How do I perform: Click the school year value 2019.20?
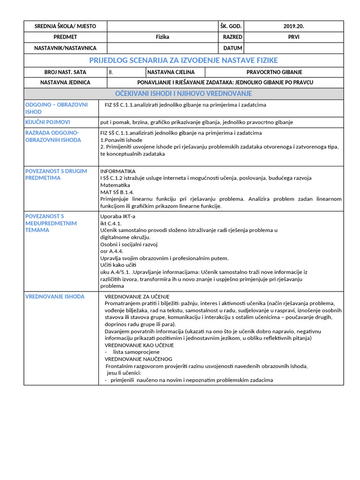tap(293, 26)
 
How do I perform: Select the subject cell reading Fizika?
tap(163, 37)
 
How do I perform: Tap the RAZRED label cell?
tap(232, 37)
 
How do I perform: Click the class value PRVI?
tap(293, 37)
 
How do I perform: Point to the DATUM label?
tap(232, 48)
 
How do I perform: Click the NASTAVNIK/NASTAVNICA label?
tap(65, 48)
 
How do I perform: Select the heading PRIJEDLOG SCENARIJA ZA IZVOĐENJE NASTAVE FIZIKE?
tap(183, 60)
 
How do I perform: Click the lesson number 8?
tap(111, 72)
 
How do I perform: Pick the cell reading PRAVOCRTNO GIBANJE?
tap(274, 72)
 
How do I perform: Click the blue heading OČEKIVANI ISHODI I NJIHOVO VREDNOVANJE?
tap(183, 94)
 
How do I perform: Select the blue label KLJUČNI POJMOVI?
tap(47, 122)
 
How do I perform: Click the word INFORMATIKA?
tap(118, 172)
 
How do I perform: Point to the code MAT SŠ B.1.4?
tap(117, 192)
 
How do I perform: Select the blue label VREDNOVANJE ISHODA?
tap(55, 297)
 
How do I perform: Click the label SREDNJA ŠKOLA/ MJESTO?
tap(65, 26)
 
